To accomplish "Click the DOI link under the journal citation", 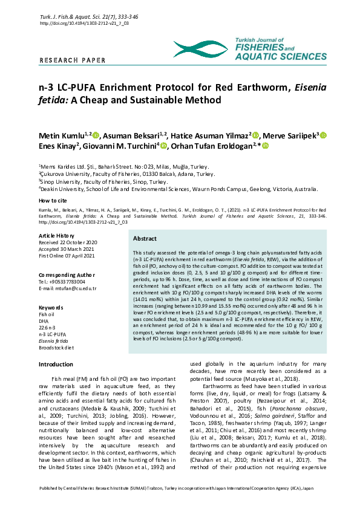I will (84, 22).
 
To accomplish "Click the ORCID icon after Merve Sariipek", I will (324, 135).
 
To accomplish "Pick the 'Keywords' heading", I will (51, 308).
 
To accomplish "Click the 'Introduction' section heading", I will (56, 365).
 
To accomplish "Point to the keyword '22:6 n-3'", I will (48, 328).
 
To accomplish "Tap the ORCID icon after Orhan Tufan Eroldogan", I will (264, 146).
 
